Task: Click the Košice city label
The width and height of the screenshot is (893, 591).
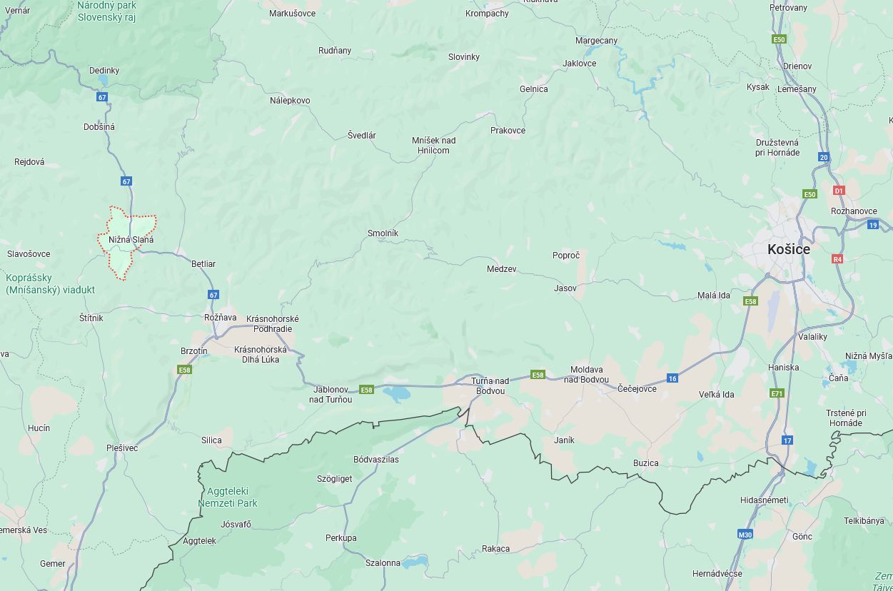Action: coord(788,250)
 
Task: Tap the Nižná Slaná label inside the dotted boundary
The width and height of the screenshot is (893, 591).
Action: coord(131,240)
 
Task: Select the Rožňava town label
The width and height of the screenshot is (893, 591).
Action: coord(220,317)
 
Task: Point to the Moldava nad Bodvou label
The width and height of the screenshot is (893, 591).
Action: coord(586,374)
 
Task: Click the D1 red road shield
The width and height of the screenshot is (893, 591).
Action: coord(839,191)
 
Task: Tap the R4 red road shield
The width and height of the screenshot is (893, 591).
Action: coord(837,259)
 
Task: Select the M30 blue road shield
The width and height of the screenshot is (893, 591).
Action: coord(745,534)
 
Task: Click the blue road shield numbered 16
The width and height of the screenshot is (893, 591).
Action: coord(672,378)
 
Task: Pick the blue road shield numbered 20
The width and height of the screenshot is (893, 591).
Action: coord(824,157)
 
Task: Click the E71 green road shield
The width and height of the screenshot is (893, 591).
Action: coord(777,393)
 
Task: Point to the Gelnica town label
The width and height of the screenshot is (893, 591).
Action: coord(534,89)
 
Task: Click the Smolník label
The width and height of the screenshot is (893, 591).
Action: coord(383,233)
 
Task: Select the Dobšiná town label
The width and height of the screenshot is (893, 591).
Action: coord(99,126)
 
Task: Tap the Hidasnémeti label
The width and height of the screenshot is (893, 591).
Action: coord(764,500)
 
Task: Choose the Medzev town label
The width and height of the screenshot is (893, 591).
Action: coord(501,269)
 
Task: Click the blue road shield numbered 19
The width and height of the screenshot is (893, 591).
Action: coord(873,225)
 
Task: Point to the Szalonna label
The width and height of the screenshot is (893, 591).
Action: coord(383,562)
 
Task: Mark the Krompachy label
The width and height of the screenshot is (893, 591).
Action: coord(487,13)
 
